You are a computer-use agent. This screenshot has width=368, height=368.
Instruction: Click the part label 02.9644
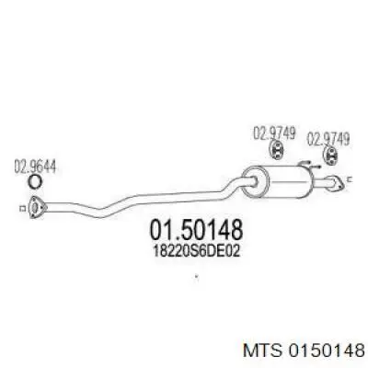pos(35,167)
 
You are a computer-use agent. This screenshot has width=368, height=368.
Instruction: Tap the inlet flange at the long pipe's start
pos(37,207)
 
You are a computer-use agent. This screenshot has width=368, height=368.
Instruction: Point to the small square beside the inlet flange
pos(22,209)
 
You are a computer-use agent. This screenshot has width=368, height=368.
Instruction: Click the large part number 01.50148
pos(196,230)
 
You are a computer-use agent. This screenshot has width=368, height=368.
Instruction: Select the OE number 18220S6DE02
pos(196,251)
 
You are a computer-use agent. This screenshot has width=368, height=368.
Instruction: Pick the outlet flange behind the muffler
pos(337,185)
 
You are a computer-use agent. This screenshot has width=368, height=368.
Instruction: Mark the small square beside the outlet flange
pos(351,179)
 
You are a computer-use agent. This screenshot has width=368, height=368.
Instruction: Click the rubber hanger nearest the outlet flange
pos(331,155)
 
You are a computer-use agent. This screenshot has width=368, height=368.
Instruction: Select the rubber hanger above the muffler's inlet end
pos(276,151)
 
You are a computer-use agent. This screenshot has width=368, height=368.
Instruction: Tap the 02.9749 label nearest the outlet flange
pos(328,139)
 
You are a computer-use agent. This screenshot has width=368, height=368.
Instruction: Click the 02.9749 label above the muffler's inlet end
pos(274,133)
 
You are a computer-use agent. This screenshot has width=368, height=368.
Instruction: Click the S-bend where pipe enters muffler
pos(237,185)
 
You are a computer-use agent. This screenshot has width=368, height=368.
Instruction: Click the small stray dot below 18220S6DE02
pos(196,276)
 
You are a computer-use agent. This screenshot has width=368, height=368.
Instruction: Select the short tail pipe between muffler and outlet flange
pos(322,183)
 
